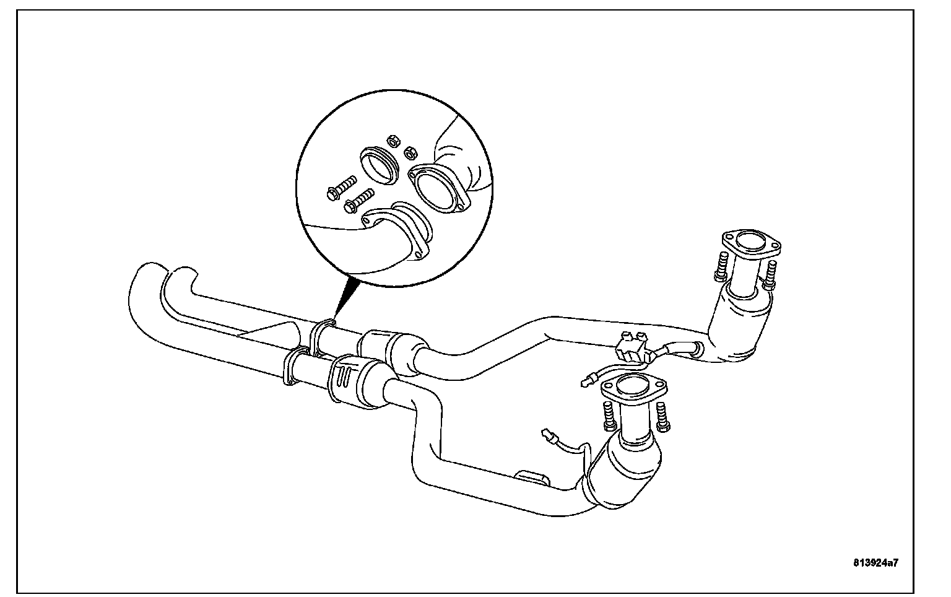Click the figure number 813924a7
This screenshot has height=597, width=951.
pyautogui.click(x=875, y=563)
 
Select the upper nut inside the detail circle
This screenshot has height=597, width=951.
pyautogui.click(x=393, y=141)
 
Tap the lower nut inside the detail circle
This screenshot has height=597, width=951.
pyautogui.click(x=410, y=152)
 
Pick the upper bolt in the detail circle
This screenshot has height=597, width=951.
pyautogui.click(x=342, y=188)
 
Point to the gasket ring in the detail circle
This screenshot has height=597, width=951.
pyautogui.click(x=380, y=166)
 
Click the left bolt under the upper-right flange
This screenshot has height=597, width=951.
pyautogui.click(x=721, y=266)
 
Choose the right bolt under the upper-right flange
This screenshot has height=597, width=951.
pyautogui.click(x=770, y=275)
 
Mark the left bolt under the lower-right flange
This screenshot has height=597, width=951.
pyautogui.click(x=609, y=416)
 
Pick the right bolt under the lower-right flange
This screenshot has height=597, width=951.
pyautogui.click(x=662, y=417)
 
